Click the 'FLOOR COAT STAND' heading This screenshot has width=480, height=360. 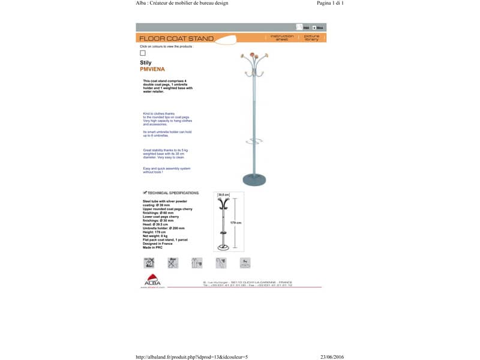(176, 38)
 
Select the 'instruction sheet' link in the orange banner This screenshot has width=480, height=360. (282, 37)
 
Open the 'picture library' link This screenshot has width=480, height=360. (311, 37)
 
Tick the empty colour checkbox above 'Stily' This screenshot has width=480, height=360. (143, 53)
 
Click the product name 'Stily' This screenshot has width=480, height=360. (146, 62)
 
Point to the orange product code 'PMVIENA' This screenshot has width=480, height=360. (152, 69)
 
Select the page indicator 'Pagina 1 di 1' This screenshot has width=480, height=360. (330, 3)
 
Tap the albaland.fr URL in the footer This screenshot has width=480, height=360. (192, 356)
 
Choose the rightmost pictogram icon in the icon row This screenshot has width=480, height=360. (245, 262)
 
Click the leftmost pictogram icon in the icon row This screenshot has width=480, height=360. (149, 262)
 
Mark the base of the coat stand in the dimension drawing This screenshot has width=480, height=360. (223, 247)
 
